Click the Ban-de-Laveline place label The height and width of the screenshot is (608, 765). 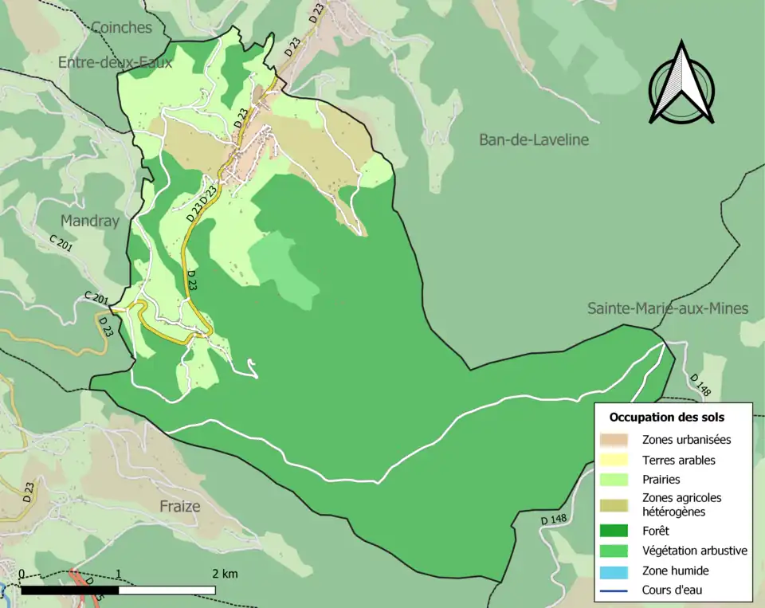[x=533, y=140]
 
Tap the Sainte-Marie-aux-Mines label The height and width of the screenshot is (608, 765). [x=668, y=308]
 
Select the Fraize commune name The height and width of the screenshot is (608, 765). [x=179, y=506]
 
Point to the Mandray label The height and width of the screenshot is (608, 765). [x=89, y=221]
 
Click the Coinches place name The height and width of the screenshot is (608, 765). [x=121, y=28]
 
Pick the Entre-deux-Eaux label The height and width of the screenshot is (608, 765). [x=115, y=62]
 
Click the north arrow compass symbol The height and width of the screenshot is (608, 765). [x=681, y=84]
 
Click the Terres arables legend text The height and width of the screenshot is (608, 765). [x=678, y=460]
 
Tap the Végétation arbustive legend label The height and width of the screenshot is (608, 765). [x=694, y=550]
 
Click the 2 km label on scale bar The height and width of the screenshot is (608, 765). [x=225, y=574]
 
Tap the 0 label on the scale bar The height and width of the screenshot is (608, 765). [x=21, y=574]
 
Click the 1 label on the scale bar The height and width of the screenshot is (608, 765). [x=118, y=574]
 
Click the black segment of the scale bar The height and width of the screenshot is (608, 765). [x=69, y=590]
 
